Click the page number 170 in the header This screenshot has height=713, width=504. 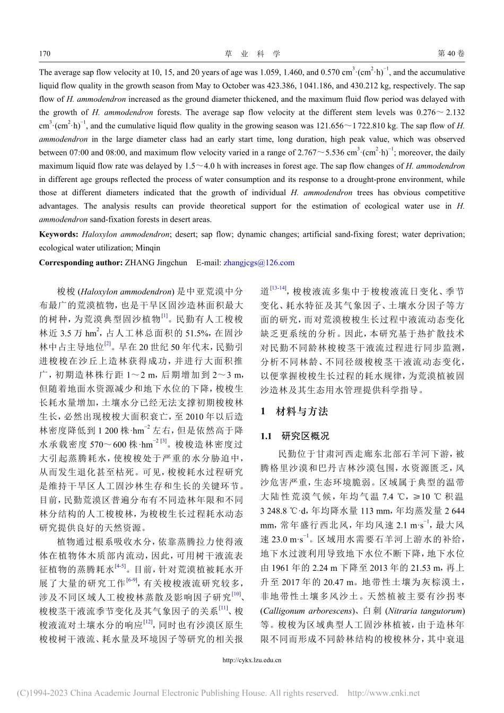pyautogui.click(x=45, y=54)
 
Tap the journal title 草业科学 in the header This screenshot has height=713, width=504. pyautogui.click(x=252, y=54)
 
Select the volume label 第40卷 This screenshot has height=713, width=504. pyautogui.click(x=450, y=54)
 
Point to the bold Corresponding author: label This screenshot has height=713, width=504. pyautogui.click(x=80, y=262)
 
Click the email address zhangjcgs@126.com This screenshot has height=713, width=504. pyautogui.click(x=259, y=262)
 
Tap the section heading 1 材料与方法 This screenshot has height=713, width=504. pyautogui.click(x=294, y=411)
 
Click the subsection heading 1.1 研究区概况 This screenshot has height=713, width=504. pyautogui.click(x=294, y=436)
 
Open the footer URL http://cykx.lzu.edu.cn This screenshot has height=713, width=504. pyautogui.click(x=252, y=660)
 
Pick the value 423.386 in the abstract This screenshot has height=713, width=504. pyautogui.click(x=303, y=85)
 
